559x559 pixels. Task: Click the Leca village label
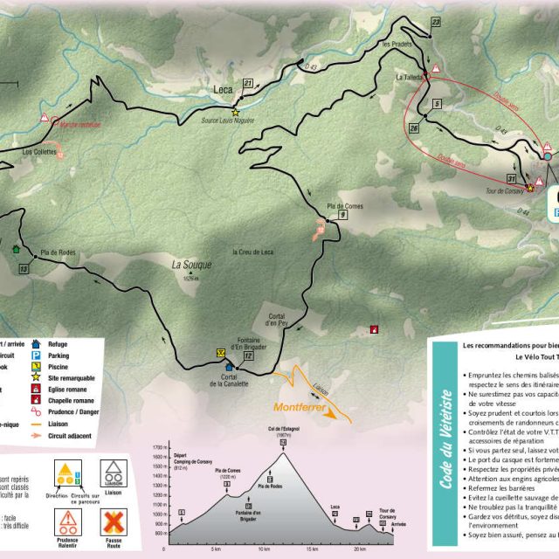point(224,89)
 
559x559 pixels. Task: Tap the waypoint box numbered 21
point(248,84)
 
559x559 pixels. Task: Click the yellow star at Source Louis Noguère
point(235,113)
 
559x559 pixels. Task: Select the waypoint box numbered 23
point(435,22)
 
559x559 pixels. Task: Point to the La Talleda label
point(410,78)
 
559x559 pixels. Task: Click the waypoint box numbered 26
point(413,128)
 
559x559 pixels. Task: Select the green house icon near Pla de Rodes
point(16,248)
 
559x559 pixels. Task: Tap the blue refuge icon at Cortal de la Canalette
point(230,368)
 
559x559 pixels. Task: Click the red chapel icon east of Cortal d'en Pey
point(374,329)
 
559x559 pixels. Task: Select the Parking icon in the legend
point(36,356)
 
